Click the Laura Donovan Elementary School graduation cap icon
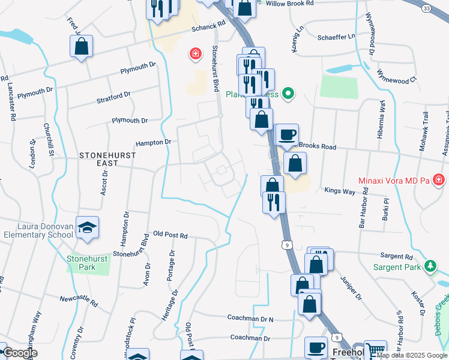point(88,227)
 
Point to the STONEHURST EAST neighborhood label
point(107,155)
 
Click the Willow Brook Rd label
point(289,4)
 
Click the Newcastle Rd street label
point(78,298)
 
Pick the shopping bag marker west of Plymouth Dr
point(81,46)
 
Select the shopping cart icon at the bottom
point(375,350)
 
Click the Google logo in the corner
point(19,353)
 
